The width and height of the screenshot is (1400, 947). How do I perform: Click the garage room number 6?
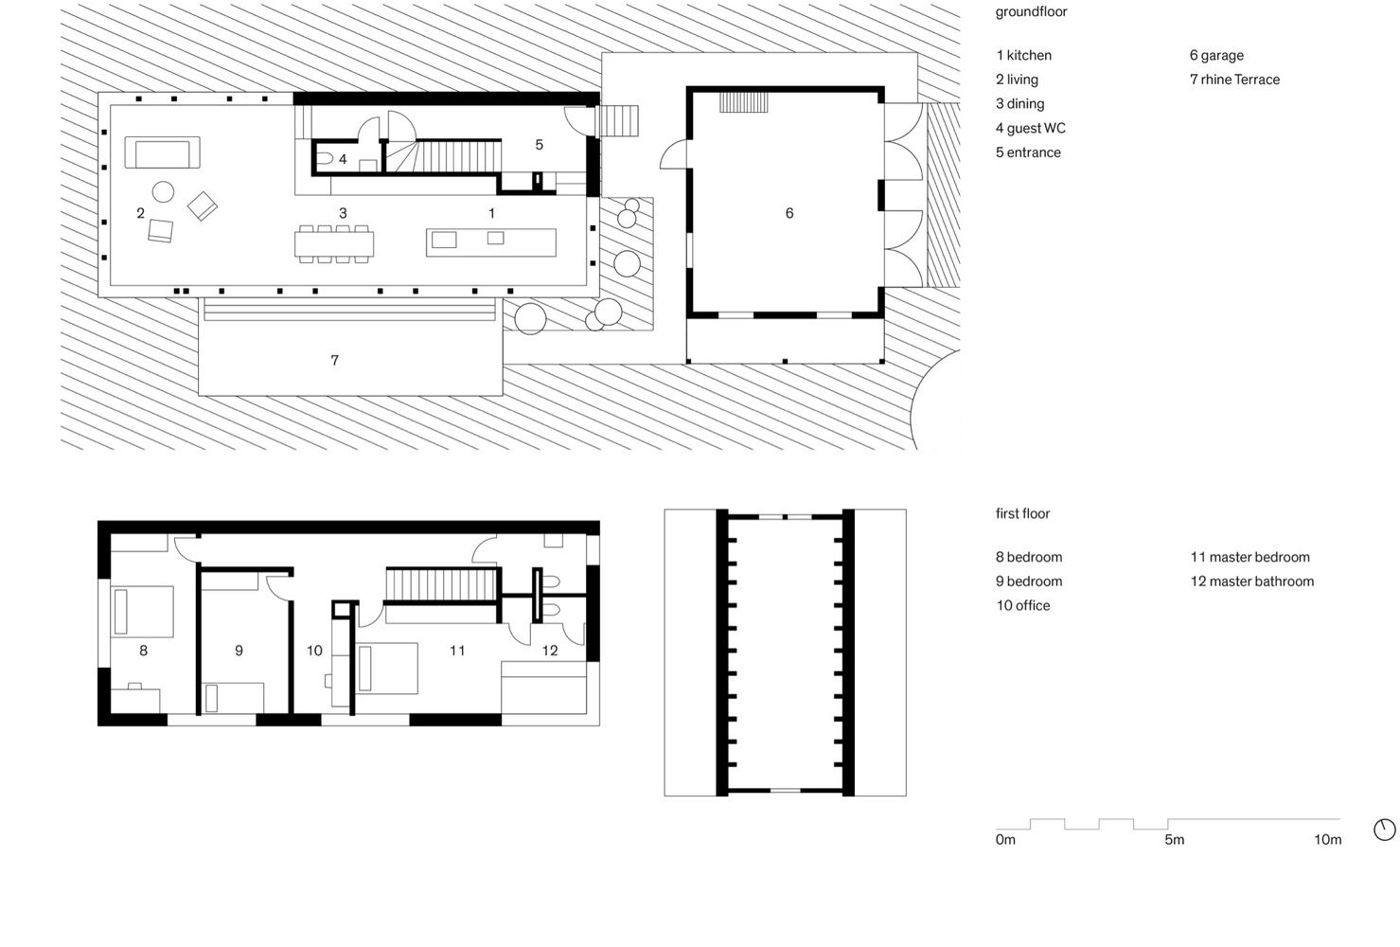[x=789, y=213]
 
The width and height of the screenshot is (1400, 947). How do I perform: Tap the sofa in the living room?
[x=162, y=152]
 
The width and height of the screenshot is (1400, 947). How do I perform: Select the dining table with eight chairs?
[x=334, y=243]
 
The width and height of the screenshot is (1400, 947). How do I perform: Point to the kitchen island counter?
[x=490, y=242]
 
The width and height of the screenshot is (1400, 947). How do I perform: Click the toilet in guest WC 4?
[x=324, y=158]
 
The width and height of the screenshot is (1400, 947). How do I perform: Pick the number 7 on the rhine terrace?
[x=334, y=360]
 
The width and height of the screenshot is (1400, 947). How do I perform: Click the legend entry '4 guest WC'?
[x=1031, y=128]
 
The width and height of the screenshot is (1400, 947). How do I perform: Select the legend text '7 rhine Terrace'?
[x=1234, y=80]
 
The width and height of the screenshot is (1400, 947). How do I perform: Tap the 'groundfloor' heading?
[x=1031, y=12]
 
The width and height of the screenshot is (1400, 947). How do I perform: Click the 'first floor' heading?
[x=1022, y=513]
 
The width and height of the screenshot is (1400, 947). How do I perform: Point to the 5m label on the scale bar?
[x=1175, y=839]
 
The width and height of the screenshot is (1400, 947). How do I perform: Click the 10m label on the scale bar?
[x=1327, y=839]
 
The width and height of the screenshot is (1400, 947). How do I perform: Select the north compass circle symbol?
[x=1384, y=830]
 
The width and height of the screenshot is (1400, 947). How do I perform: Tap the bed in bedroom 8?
[x=142, y=612]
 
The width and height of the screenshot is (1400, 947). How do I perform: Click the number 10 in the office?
[x=314, y=651]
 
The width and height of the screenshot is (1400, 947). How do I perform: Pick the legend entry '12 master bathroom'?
[x=1252, y=581]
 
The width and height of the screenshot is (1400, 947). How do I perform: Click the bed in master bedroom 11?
[x=387, y=669]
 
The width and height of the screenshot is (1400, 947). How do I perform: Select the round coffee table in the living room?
[x=163, y=191]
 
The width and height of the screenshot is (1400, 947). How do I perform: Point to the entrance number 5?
[x=540, y=145]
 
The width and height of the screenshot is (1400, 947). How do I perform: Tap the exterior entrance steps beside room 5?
[x=619, y=120]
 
